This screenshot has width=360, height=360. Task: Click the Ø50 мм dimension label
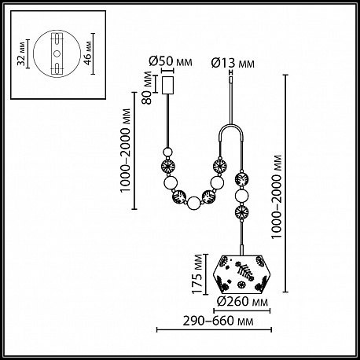tap(171, 61)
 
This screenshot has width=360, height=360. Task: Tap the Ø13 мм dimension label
tap(233, 64)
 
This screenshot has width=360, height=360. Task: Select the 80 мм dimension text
tap(148, 88)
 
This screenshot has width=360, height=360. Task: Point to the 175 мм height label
tap(198, 274)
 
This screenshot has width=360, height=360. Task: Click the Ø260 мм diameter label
tap(243, 302)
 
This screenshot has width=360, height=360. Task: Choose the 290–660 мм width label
tap(218, 321)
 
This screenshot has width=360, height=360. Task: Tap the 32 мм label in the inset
tap(22, 53)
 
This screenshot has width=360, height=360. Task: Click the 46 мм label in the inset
tap(88, 53)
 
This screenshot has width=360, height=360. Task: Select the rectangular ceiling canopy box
tap(167, 85)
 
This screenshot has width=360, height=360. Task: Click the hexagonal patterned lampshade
tap(242, 274)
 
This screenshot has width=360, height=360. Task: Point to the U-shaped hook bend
tap(232, 127)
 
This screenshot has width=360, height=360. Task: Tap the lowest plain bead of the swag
tap(194, 204)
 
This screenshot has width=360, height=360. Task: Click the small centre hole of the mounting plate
tap(57, 53)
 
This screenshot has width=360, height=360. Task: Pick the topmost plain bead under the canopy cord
tap(167, 152)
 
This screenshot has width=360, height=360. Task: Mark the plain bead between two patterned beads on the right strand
tap(241, 196)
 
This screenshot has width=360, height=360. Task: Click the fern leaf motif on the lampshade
tap(245, 272)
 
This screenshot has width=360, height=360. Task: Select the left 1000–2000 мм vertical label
tap(125, 150)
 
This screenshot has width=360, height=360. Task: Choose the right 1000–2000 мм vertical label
tap(277, 197)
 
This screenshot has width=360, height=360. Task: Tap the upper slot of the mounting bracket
tap(57, 39)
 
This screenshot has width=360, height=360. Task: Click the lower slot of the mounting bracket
tap(57, 68)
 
